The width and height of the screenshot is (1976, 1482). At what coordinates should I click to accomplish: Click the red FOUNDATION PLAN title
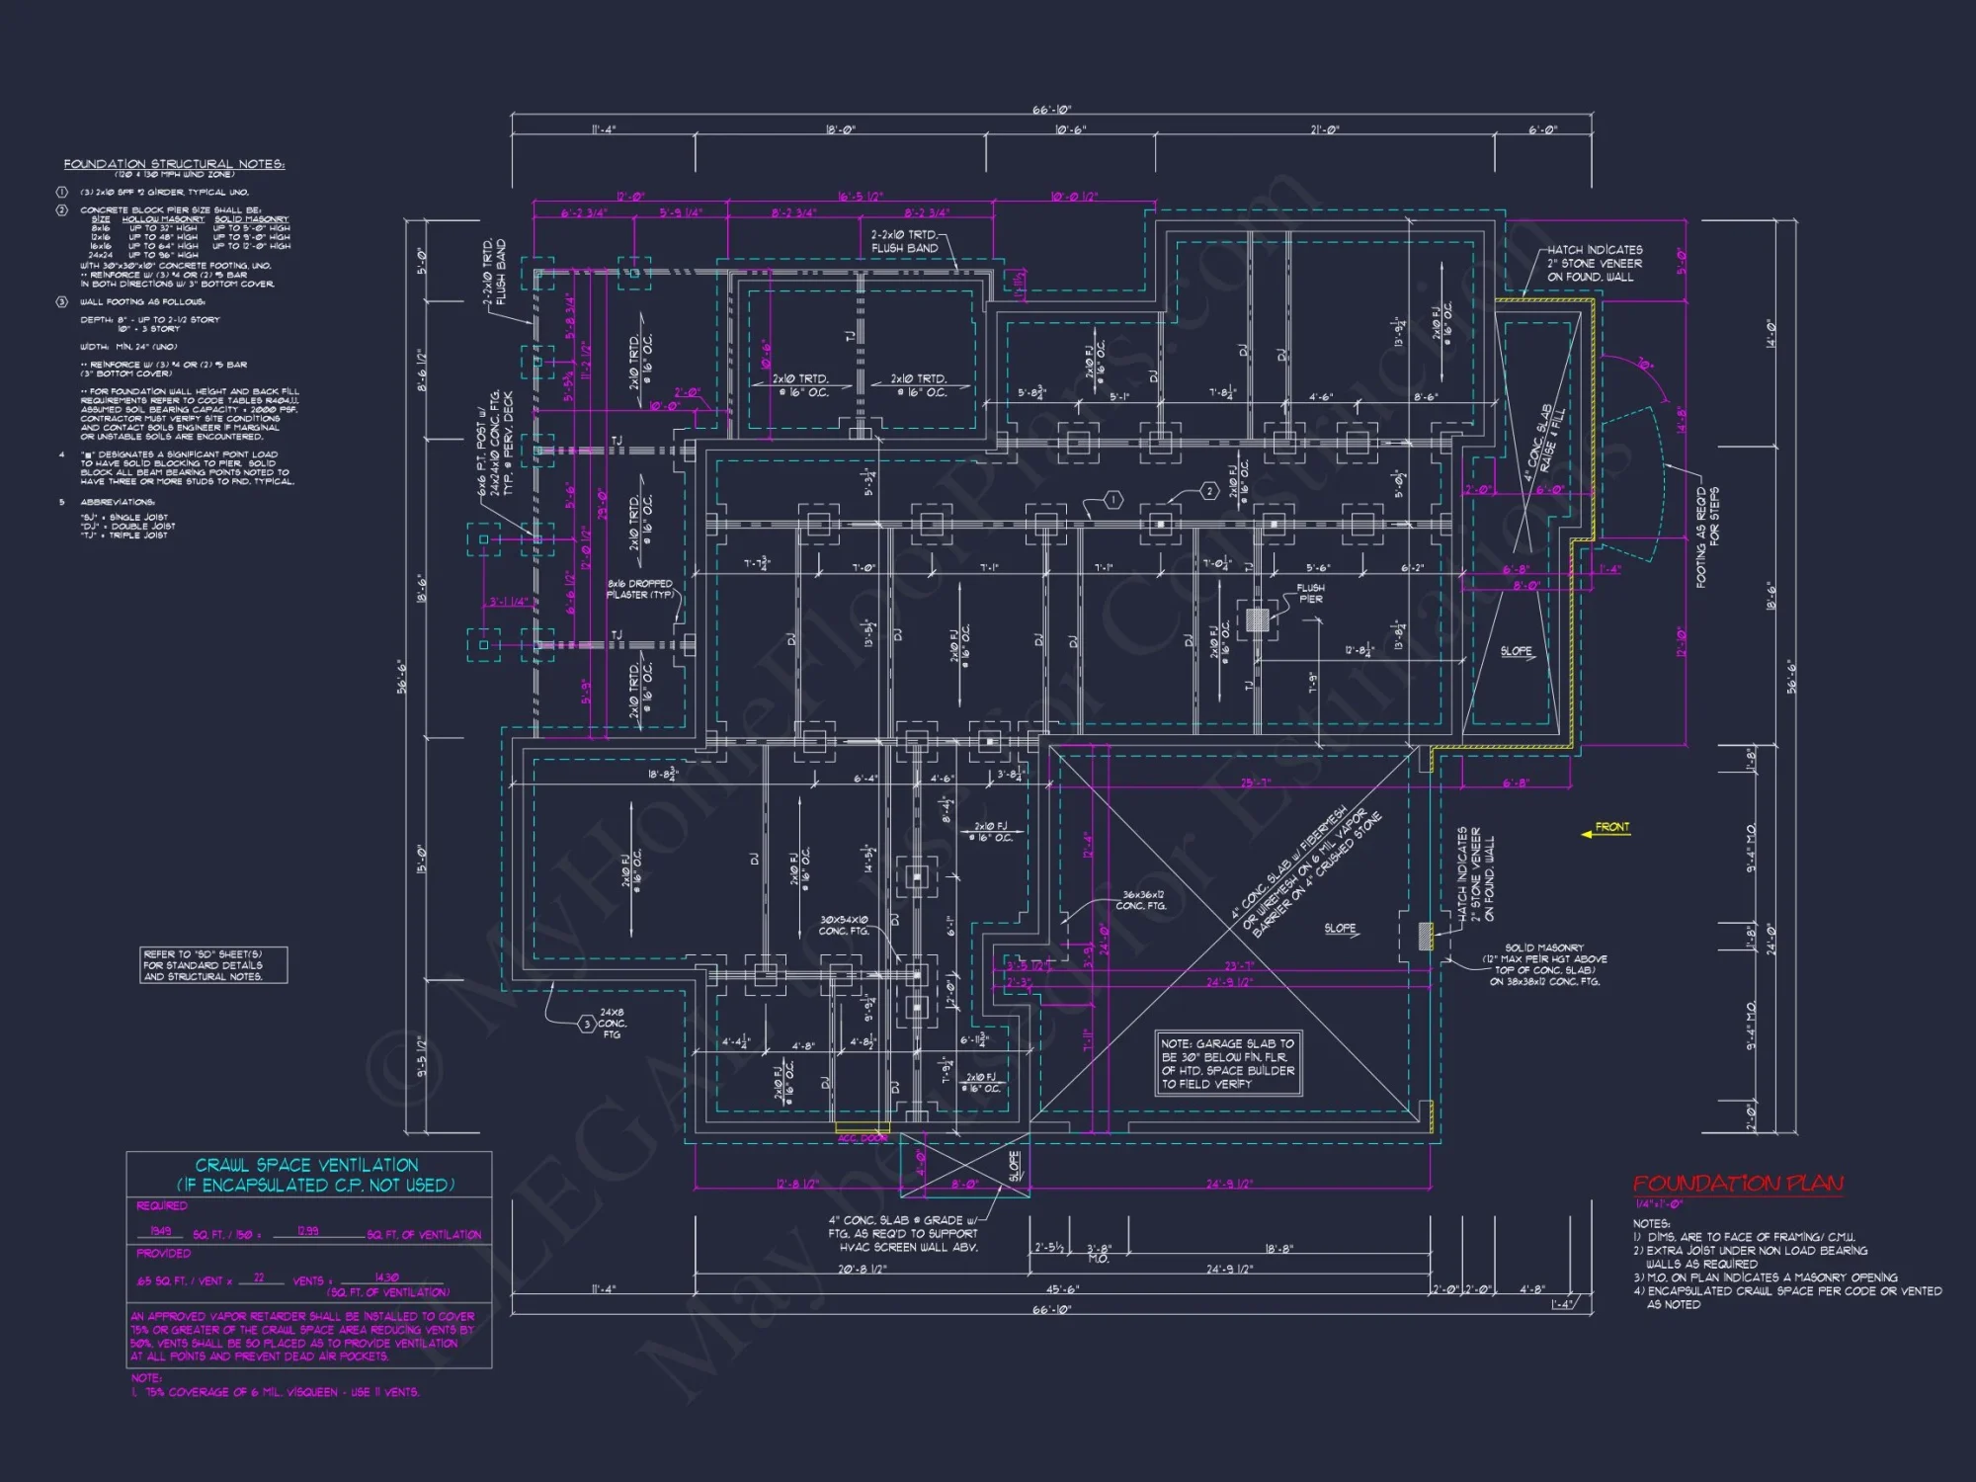tap(1737, 1183)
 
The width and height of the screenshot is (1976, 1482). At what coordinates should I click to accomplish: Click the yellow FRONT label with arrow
tap(1610, 828)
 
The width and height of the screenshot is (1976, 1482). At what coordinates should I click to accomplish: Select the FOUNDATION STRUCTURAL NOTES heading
tap(174, 164)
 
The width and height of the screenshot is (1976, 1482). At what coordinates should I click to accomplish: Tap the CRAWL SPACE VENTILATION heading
tap(307, 1166)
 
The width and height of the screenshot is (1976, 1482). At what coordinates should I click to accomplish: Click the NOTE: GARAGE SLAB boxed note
tap(1228, 1064)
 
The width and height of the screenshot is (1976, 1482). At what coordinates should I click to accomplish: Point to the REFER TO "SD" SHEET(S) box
tap(213, 965)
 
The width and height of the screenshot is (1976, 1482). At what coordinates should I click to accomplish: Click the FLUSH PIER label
tap(1310, 593)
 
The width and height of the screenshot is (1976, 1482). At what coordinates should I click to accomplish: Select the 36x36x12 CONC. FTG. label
tap(1142, 900)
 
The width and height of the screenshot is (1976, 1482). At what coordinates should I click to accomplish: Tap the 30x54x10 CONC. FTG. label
tap(843, 925)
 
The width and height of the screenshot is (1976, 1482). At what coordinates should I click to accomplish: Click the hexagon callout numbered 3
tap(587, 1025)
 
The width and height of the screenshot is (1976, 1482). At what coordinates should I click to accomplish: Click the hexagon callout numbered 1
tap(1112, 500)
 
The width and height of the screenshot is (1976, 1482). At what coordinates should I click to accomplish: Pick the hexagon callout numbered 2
tap(1209, 491)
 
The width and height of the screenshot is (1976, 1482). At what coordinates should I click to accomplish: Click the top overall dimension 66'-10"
tap(1051, 110)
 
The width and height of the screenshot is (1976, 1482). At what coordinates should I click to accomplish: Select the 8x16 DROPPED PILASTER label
tap(640, 589)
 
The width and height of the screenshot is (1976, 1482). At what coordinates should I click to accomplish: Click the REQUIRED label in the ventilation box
tap(162, 1206)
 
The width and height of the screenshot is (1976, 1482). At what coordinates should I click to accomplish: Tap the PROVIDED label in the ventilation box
tap(164, 1254)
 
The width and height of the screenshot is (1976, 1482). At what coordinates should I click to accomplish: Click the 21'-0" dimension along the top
tap(1324, 130)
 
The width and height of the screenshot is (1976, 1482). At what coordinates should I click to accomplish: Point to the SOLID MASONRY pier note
tap(1544, 964)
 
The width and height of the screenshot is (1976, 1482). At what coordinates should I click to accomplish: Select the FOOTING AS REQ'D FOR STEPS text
tap(1707, 537)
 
